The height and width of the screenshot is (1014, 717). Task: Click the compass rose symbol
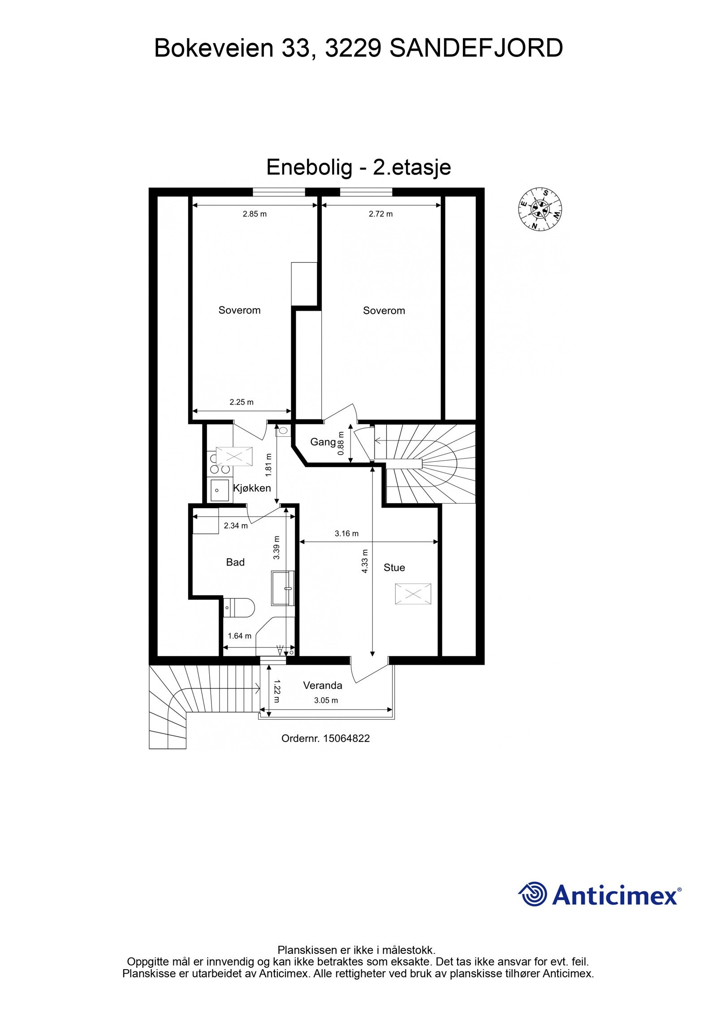point(540,209)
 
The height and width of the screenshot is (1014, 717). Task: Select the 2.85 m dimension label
point(255,214)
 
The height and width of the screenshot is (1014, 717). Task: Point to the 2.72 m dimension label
point(380,214)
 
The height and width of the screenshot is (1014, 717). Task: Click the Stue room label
point(394,568)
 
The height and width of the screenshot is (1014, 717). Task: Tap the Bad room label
point(235,562)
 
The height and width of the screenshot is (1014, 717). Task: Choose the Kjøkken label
point(252,488)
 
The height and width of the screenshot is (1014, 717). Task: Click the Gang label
point(323,442)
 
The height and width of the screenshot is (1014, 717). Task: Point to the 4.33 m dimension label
point(365,561)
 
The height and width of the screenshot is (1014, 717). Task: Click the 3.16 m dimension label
point(346,533)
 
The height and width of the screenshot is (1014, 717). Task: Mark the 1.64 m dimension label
point(239,636)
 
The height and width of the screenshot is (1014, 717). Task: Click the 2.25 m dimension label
point(242,402)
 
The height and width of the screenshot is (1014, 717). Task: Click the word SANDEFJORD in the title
point(476,48)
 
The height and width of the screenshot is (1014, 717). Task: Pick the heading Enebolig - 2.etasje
point(358,168)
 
